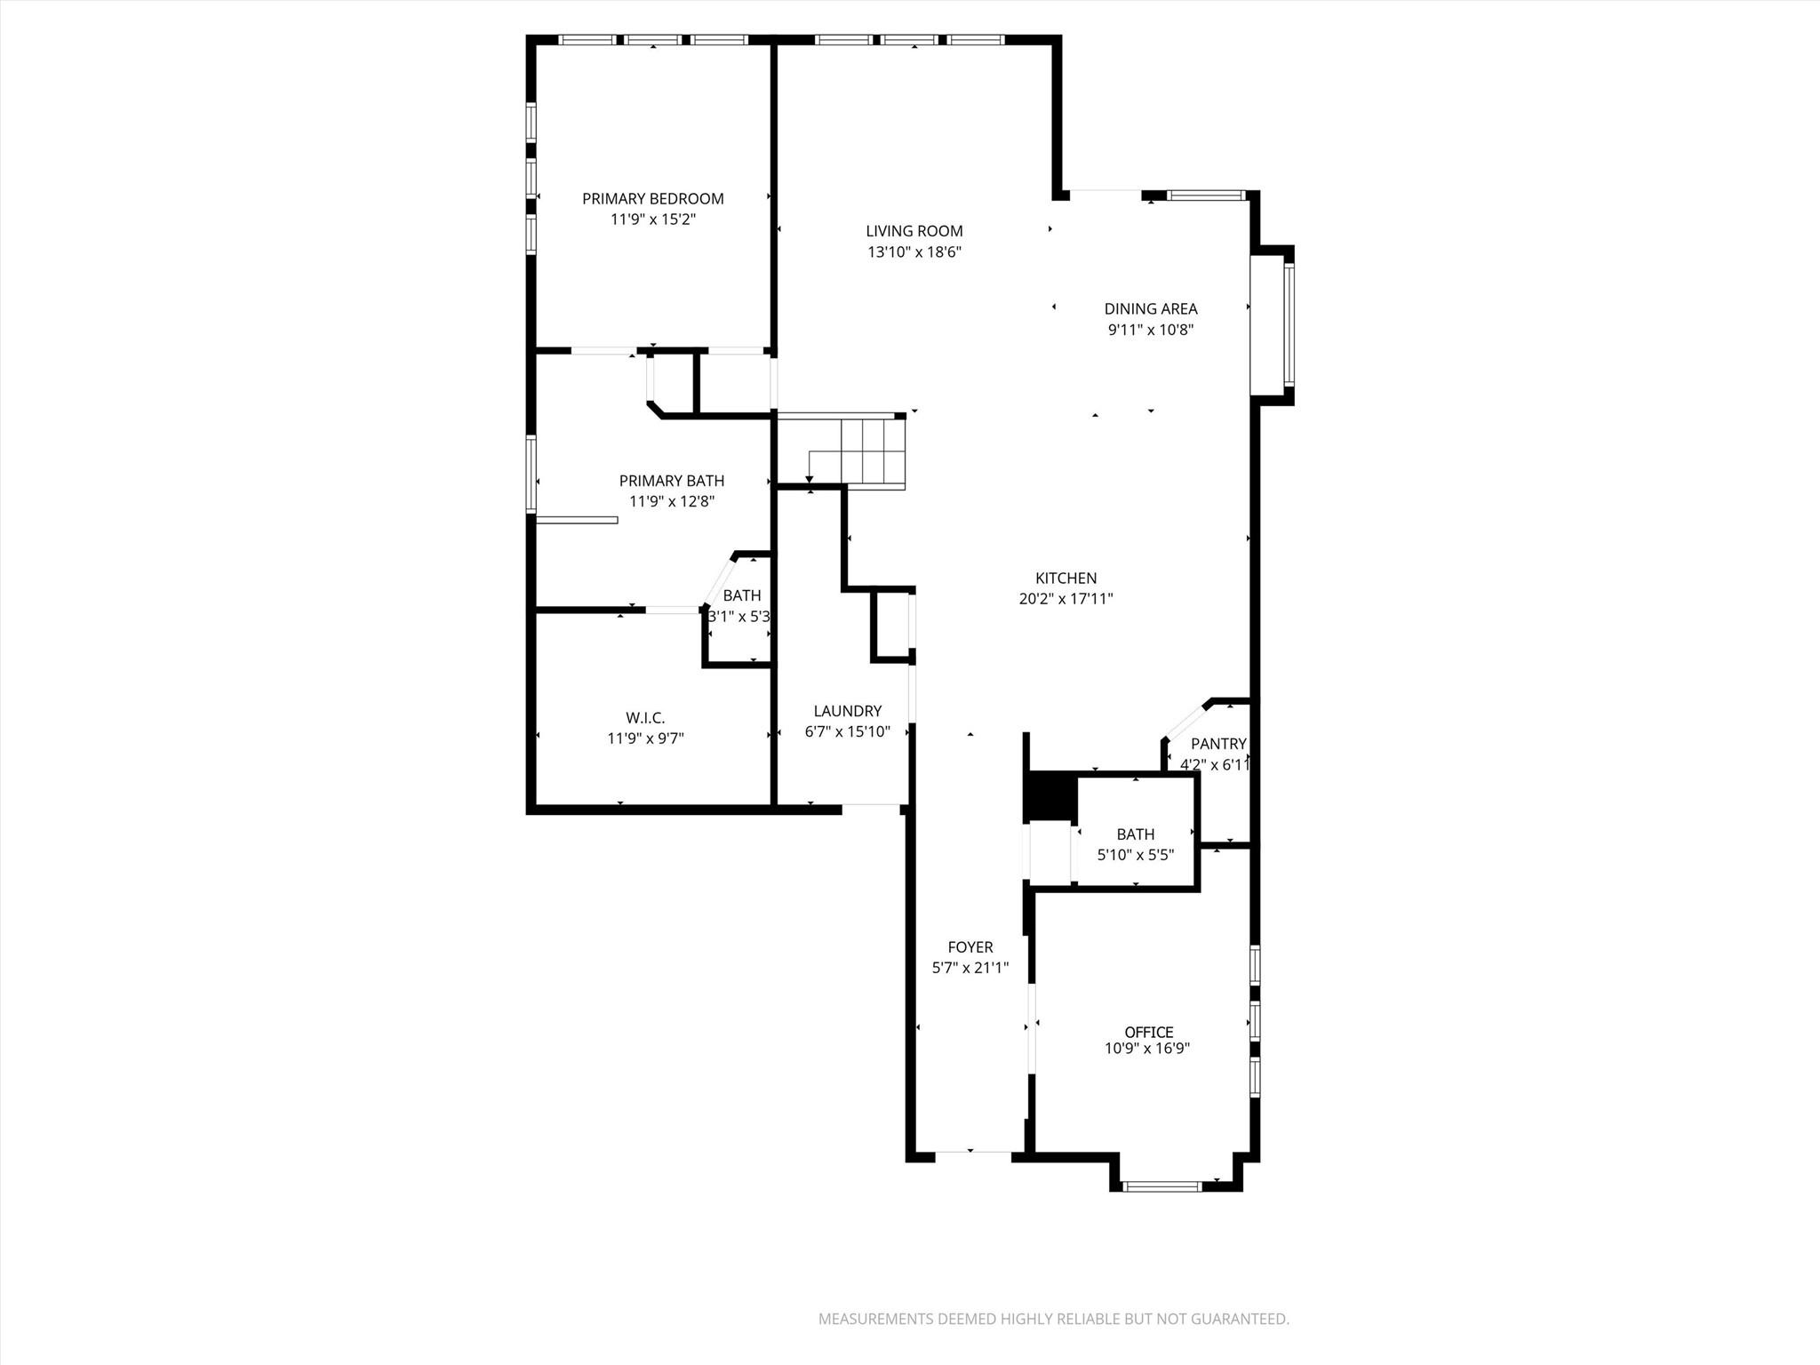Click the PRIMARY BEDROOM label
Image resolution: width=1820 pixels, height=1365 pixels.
[652, 199]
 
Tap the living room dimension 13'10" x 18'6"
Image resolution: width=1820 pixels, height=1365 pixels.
[914, 252]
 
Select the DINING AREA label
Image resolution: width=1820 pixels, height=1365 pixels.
[1150, 309]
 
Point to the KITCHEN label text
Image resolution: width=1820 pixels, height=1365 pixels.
[1066, 579]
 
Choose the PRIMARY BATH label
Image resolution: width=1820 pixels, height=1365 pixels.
[671, 481]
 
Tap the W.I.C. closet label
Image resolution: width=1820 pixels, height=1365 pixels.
[645, 718]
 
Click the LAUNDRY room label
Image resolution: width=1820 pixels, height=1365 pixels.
[847, 711]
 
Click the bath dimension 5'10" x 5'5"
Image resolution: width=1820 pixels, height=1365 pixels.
[1135, 856]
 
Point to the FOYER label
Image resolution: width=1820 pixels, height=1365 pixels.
[970, 947]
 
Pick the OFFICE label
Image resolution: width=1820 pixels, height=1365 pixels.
[1148, 1032]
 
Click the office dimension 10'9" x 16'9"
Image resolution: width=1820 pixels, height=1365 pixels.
[1146, 1049]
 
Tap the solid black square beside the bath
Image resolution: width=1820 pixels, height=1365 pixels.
[1050, 796]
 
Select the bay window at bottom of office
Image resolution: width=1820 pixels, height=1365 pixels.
[1161, 1185]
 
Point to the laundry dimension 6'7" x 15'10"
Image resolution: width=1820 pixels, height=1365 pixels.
[847, 732]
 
